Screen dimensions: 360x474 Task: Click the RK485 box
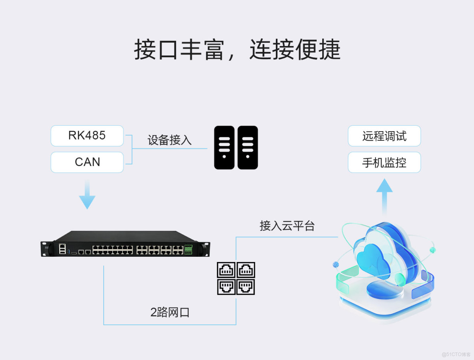pyautogui.click(x=87, y=136)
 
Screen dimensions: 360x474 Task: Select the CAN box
pyautogui.click(x=87, y=162)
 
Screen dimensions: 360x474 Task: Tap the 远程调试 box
pyautogui.click(x=384, y=136)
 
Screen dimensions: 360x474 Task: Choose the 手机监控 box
pyautogui.click(x=384, y=162)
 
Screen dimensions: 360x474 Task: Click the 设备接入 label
pyautogui.click(x=169, y=140)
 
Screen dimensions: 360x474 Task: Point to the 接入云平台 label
pyautogui.click(x=287, y=226)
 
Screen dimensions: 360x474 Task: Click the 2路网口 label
pyautogui.click(x=170, y=312)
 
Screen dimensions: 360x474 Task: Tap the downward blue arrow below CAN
pyautogui.click(x=87, y=196)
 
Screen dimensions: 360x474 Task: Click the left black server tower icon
pyautogui.click(x=224, y=147)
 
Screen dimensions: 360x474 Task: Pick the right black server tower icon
pyautogui.click(x=248, y=147)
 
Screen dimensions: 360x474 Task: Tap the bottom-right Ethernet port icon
pyautogui.click(x=245, y=287)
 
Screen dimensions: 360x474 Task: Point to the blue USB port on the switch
pyautogui.click(x=69, y=252)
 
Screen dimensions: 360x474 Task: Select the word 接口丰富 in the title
pyautogui.click(x=179, y=50)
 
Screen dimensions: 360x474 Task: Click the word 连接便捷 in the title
pyautogui.click(x=295, y=50)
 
